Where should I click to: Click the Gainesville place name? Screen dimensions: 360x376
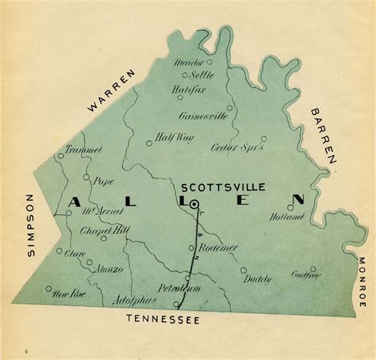pyautogui.click(x=203, y=116)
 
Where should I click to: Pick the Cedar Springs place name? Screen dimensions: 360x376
pyautogui.click(x=236, y=147)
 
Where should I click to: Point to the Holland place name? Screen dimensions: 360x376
pyautogui.click(x=286, y=216)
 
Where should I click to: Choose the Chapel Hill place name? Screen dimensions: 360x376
pyautogui.click(x=100, y=231)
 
